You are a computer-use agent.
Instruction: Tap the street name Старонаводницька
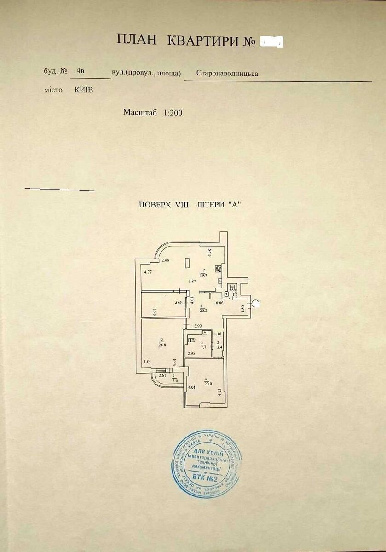coord(227,73)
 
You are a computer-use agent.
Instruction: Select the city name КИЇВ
coord(83,90)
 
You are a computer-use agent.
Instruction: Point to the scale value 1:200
coord(173,113)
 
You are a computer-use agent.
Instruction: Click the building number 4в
coord(81,71)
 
